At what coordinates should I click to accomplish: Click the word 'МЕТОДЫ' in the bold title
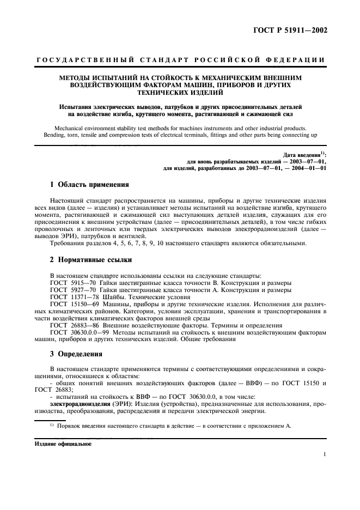pyautogui.click(x=76, y=78)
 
